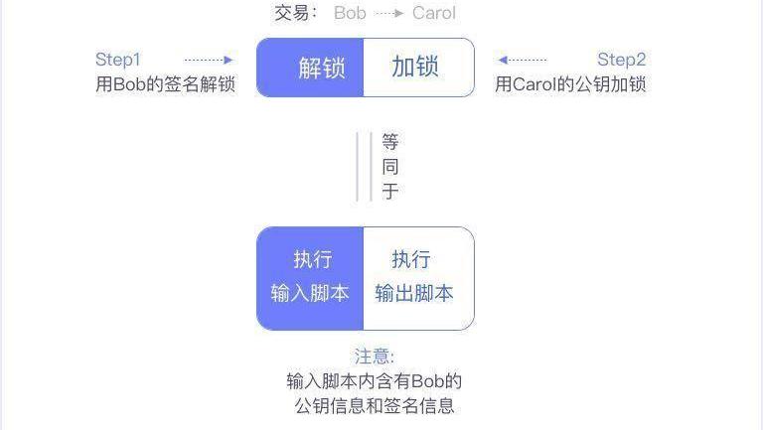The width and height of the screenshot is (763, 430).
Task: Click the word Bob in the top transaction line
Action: (x=350, y=13)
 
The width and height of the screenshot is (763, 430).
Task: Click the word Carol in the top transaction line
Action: (x=434, y=13)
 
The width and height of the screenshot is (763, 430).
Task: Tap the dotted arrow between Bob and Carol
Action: (x=389, y=13)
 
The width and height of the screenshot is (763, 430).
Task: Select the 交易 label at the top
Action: (x=292, y=13)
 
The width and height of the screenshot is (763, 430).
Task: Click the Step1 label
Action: (x=118, y=60)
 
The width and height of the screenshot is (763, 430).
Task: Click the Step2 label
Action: (x=621, y=60)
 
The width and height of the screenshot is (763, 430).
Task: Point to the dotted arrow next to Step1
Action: (x=209, y=60)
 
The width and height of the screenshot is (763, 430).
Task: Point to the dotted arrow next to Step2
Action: (x=523, y=60)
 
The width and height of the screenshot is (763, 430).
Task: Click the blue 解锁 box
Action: (x=310, y=68)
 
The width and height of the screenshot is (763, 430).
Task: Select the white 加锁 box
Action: (x=419, y=68)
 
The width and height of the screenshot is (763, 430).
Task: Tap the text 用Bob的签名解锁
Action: (x=166, y=84)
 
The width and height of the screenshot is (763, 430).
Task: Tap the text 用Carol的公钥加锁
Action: (x=570, y=84)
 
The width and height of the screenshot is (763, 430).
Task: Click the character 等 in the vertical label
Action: (x=390, y=142)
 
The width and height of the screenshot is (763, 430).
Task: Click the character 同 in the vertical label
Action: (x=390, y=167)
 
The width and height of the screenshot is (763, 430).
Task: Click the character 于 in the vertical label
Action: (x=390, y=191)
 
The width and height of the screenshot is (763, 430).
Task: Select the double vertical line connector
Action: (x=364, y=167)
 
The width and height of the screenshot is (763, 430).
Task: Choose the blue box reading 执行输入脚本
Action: (x=310, y=279)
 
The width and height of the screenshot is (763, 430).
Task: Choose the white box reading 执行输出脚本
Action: (x=419, y=279)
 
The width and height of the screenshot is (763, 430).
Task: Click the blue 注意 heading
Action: (x=374, y=357)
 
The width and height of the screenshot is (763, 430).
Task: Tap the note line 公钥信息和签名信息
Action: (x=375, y=406)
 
